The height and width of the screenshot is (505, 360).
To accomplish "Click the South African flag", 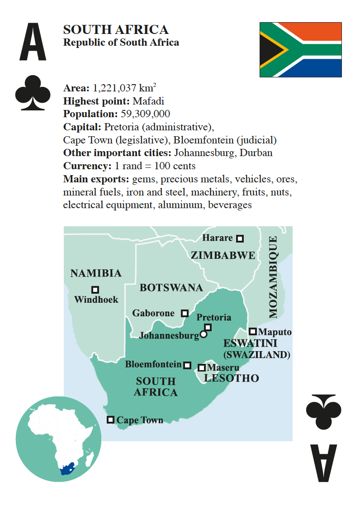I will tap(300, 49).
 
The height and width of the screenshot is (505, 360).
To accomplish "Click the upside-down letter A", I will tap(323, 462).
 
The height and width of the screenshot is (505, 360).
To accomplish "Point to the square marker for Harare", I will tap(240, 238).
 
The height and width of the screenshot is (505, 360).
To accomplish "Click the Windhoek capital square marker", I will tap(95, 290).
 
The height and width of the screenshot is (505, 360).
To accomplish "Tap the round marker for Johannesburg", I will tap(204, 334).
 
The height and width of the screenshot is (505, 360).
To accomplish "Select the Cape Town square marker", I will tap(110, 419).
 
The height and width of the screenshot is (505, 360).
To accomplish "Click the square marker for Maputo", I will tap(253, 332).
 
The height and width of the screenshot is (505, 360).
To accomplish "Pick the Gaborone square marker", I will tap(185, 313).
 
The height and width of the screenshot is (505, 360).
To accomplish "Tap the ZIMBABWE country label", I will tap(223, 255).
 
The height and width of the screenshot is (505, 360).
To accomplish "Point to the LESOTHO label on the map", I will tap(232, 378).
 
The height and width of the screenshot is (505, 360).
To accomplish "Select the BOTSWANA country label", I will tap(171, 288).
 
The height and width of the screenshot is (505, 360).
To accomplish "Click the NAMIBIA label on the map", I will tap(96, 273).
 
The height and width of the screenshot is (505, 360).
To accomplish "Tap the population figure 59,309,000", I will tap(145, 114).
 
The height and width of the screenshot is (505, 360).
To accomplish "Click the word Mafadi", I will tap(148, 101).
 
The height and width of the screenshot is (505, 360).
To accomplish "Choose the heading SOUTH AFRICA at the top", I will tap(116, 30).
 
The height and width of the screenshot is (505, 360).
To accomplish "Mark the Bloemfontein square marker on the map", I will tap(187, 365).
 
